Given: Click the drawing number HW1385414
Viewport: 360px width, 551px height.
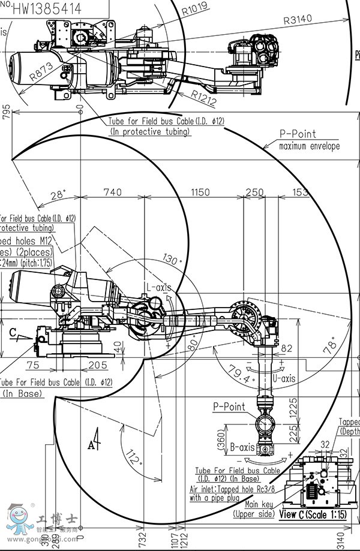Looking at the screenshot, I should coord(46,8).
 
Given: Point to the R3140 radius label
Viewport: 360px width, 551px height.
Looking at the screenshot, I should coord(298,19).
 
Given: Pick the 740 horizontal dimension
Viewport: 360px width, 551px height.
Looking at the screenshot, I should coord(112,192).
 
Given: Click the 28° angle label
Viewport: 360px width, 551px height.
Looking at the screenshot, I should coord(58,195).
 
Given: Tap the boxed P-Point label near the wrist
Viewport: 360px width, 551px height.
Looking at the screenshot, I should coord(229,407).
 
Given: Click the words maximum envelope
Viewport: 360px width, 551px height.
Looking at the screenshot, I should coord(309,146).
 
